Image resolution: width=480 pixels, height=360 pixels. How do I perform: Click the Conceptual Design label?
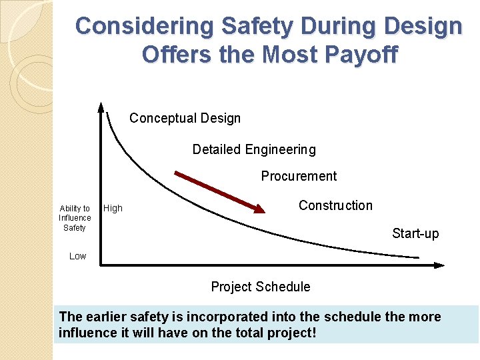(185, 118)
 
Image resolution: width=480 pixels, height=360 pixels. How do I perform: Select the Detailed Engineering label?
(254, 149)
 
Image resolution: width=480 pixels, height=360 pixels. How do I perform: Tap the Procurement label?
(299, 176)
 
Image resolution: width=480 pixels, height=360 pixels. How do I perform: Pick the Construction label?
(335, 205)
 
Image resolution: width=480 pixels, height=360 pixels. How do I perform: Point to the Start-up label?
(415, 233)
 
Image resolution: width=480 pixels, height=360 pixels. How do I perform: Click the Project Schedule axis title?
(260, 287)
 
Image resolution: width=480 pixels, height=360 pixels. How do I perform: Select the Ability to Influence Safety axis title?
(75, 218)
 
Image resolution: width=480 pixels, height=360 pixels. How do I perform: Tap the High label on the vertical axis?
(113, 208)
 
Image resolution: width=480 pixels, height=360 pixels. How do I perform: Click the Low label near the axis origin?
(78, 256)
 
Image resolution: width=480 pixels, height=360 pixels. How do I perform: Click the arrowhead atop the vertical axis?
(101, 106)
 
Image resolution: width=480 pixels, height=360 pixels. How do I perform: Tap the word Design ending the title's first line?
(424, 26)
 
